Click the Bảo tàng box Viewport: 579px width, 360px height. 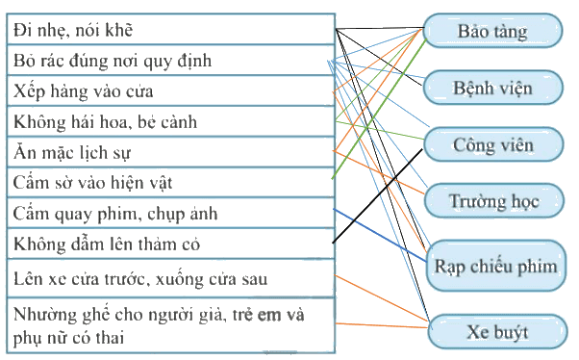(x=493, y=31)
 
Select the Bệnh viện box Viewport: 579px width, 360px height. (x=493, y=88)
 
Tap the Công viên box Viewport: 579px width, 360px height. (x=493, y=144)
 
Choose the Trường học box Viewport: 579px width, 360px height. (x=494, y=201)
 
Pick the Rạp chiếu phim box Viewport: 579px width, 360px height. (x=496, y=266)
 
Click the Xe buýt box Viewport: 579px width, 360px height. (x=497, y=331)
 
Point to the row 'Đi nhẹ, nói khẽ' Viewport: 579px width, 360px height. (x=170, y=29)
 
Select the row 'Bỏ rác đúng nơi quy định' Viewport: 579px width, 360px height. (x=170, y=61)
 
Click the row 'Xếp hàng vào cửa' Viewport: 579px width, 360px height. (x=170, y=90)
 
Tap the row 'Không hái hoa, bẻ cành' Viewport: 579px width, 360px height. (x=170, y=121)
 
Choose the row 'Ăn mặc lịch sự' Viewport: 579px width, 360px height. (x=170, y=152)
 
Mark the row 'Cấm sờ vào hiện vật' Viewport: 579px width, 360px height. (x=170, y=183)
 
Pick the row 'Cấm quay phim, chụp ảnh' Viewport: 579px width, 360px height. (x=170, y=214)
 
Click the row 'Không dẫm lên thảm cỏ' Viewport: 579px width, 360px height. (x=170, y=244)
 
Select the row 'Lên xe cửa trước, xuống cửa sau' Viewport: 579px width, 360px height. (x=170, y=278)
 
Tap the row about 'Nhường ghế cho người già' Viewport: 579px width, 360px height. (x=170, y=325)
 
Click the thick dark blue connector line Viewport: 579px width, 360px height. (x=380, y=235)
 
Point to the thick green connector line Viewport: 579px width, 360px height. (x=379, y=109)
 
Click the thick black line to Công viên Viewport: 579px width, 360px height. (x=377, y=196)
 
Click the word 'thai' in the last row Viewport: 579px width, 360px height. (x=110, y=338)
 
